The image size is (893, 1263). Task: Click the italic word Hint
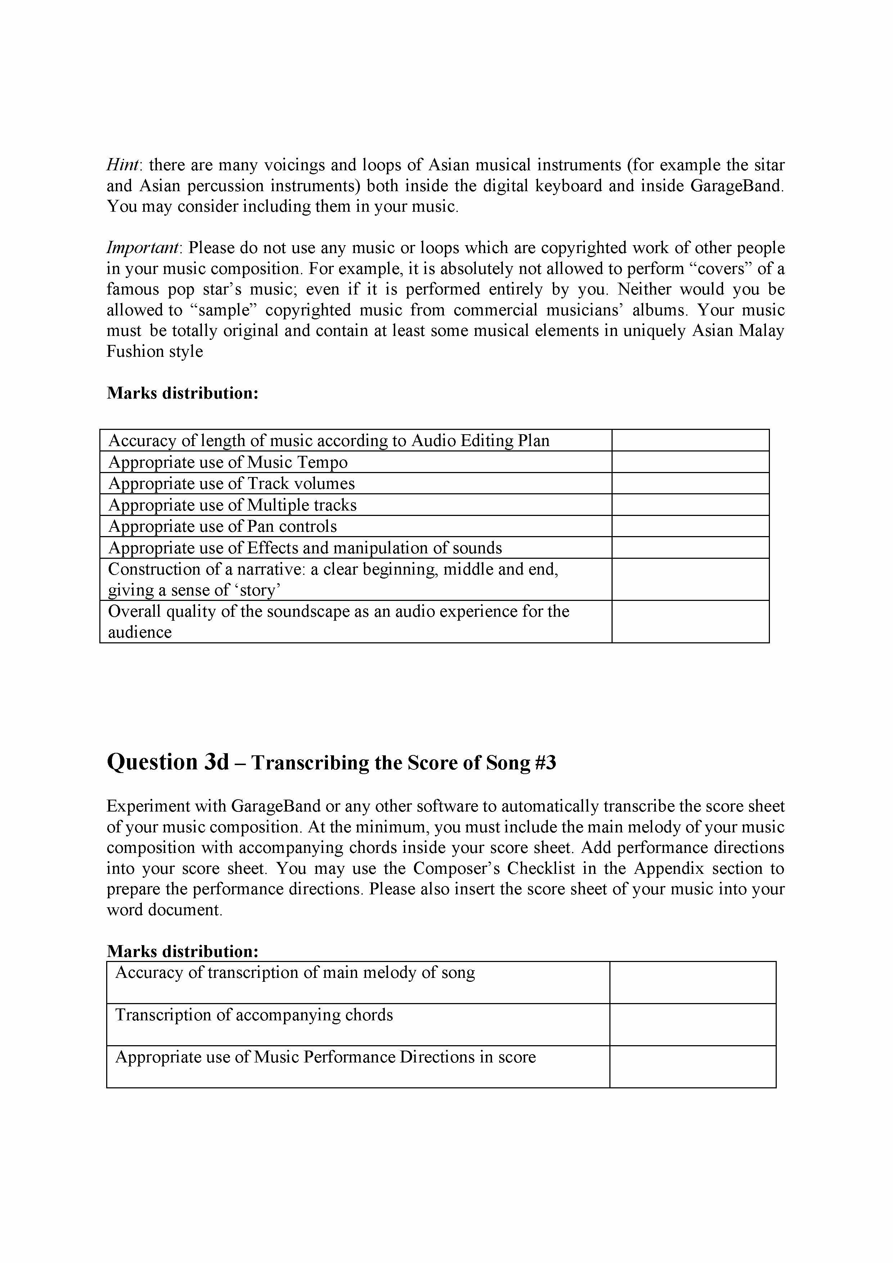pyautogui.click(x=124, y=165)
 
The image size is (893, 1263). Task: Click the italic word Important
pyautogui.click(x=143, y=248)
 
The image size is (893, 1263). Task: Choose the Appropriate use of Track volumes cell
pyautogui.click(x=231, y=484)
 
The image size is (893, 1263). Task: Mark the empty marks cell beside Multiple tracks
pyautogui.click(x=690, y=505)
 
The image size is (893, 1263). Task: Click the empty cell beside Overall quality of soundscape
pyautogui.click(x=690, y=621)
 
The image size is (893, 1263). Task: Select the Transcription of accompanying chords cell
pyautogui.click(x=254, y=1015)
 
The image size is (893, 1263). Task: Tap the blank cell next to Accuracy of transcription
pyautogui.click(x=692, y=983)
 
